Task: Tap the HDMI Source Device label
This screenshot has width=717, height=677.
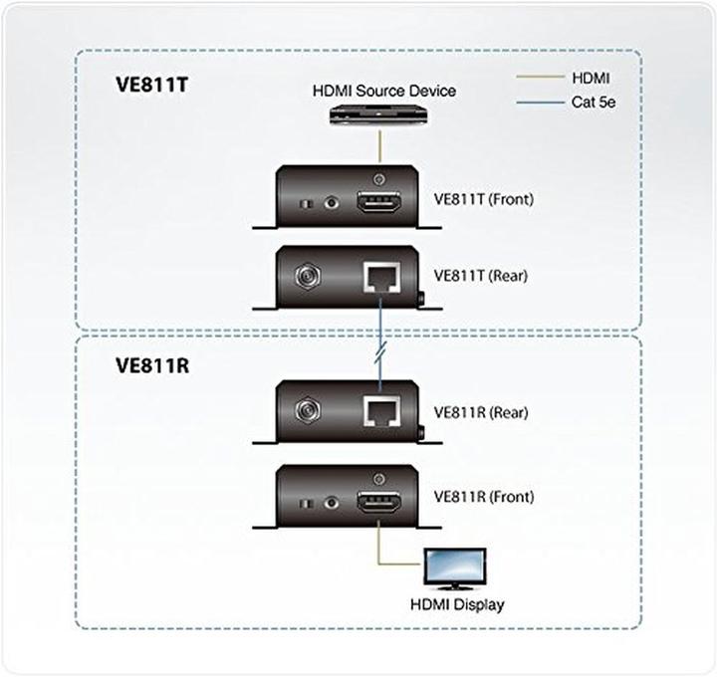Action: click(384, 91)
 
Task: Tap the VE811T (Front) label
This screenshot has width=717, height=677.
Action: click(484, 199)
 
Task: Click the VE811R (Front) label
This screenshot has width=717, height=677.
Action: click(484, 496)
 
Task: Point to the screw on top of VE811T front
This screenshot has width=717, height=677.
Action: click(378, 178)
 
